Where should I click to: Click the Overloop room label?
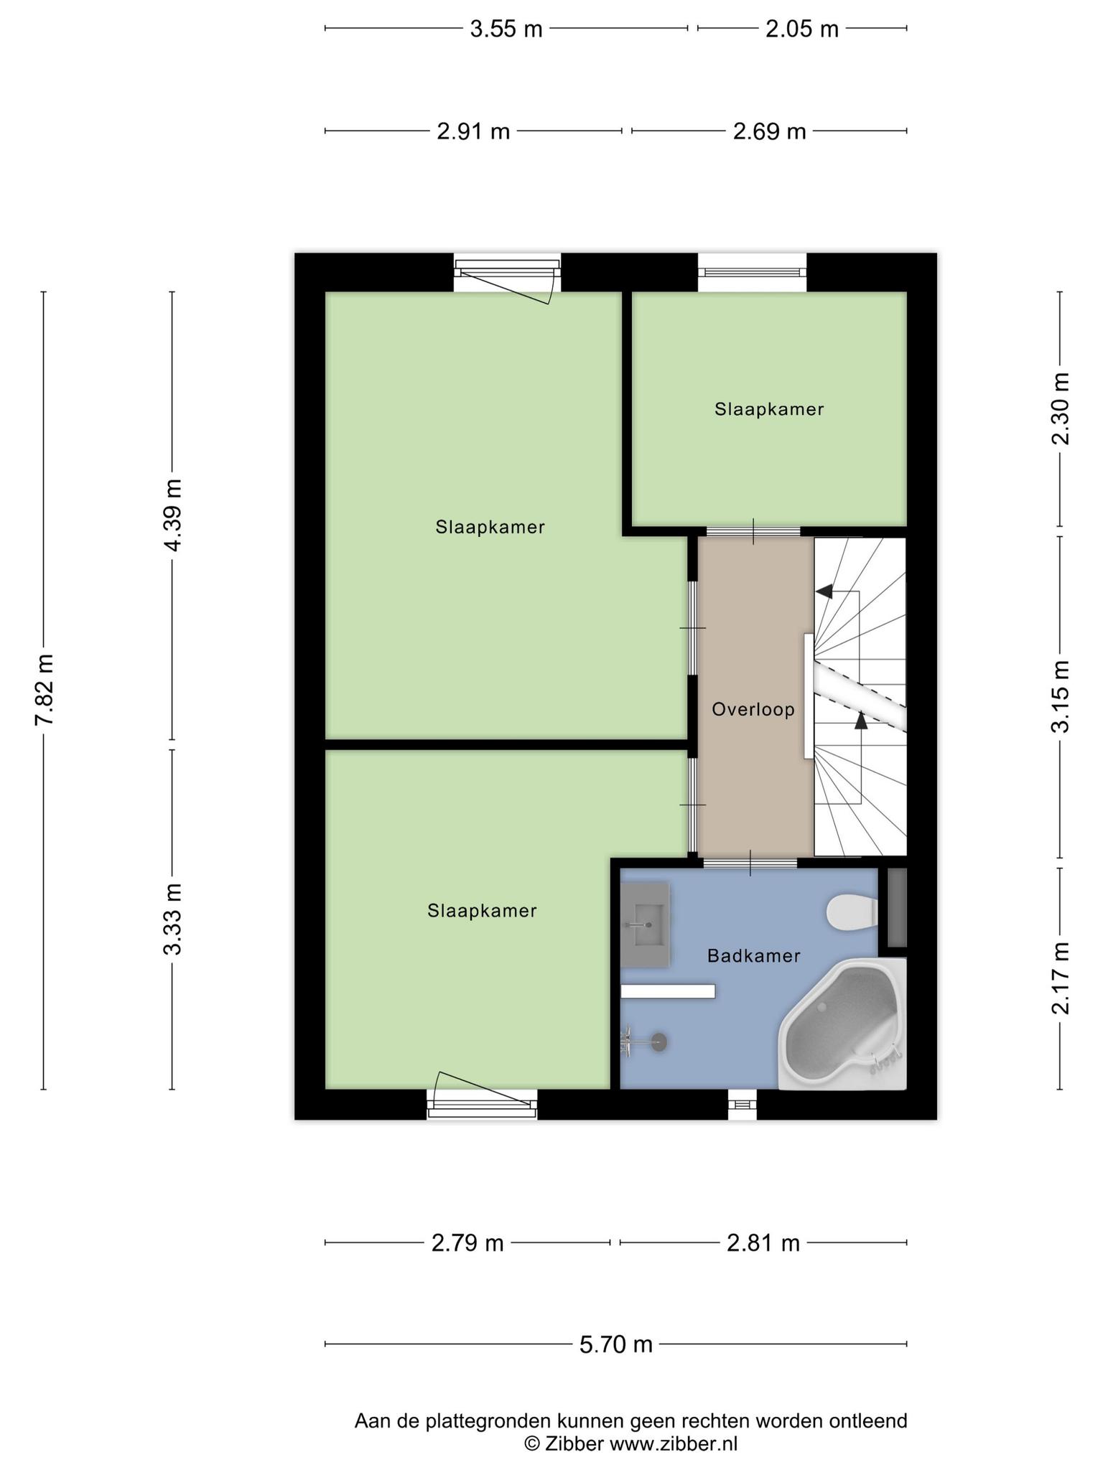coord(753,710)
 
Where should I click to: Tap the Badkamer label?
coord(753,955)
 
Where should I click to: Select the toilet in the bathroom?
coord(852,913)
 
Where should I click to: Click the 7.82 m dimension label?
coord(45,690)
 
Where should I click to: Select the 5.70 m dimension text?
coord(616,1344)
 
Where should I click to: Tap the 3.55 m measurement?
coord(506,29)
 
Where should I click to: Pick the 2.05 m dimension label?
coord(802,29)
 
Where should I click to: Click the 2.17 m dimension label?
coord(1061,978)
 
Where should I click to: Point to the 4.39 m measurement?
coord(172,515)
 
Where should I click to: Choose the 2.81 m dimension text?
coord(763,1242)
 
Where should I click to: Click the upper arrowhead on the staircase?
coord(824,591)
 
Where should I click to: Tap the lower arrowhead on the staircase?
coord(861,720)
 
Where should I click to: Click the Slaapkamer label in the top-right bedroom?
coord(769,409)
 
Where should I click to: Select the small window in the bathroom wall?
coord(743,1105)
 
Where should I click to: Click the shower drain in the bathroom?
coord(658,1042)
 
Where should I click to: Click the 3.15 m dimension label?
coord(1061,696)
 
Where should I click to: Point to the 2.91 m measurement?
coord(474,132)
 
